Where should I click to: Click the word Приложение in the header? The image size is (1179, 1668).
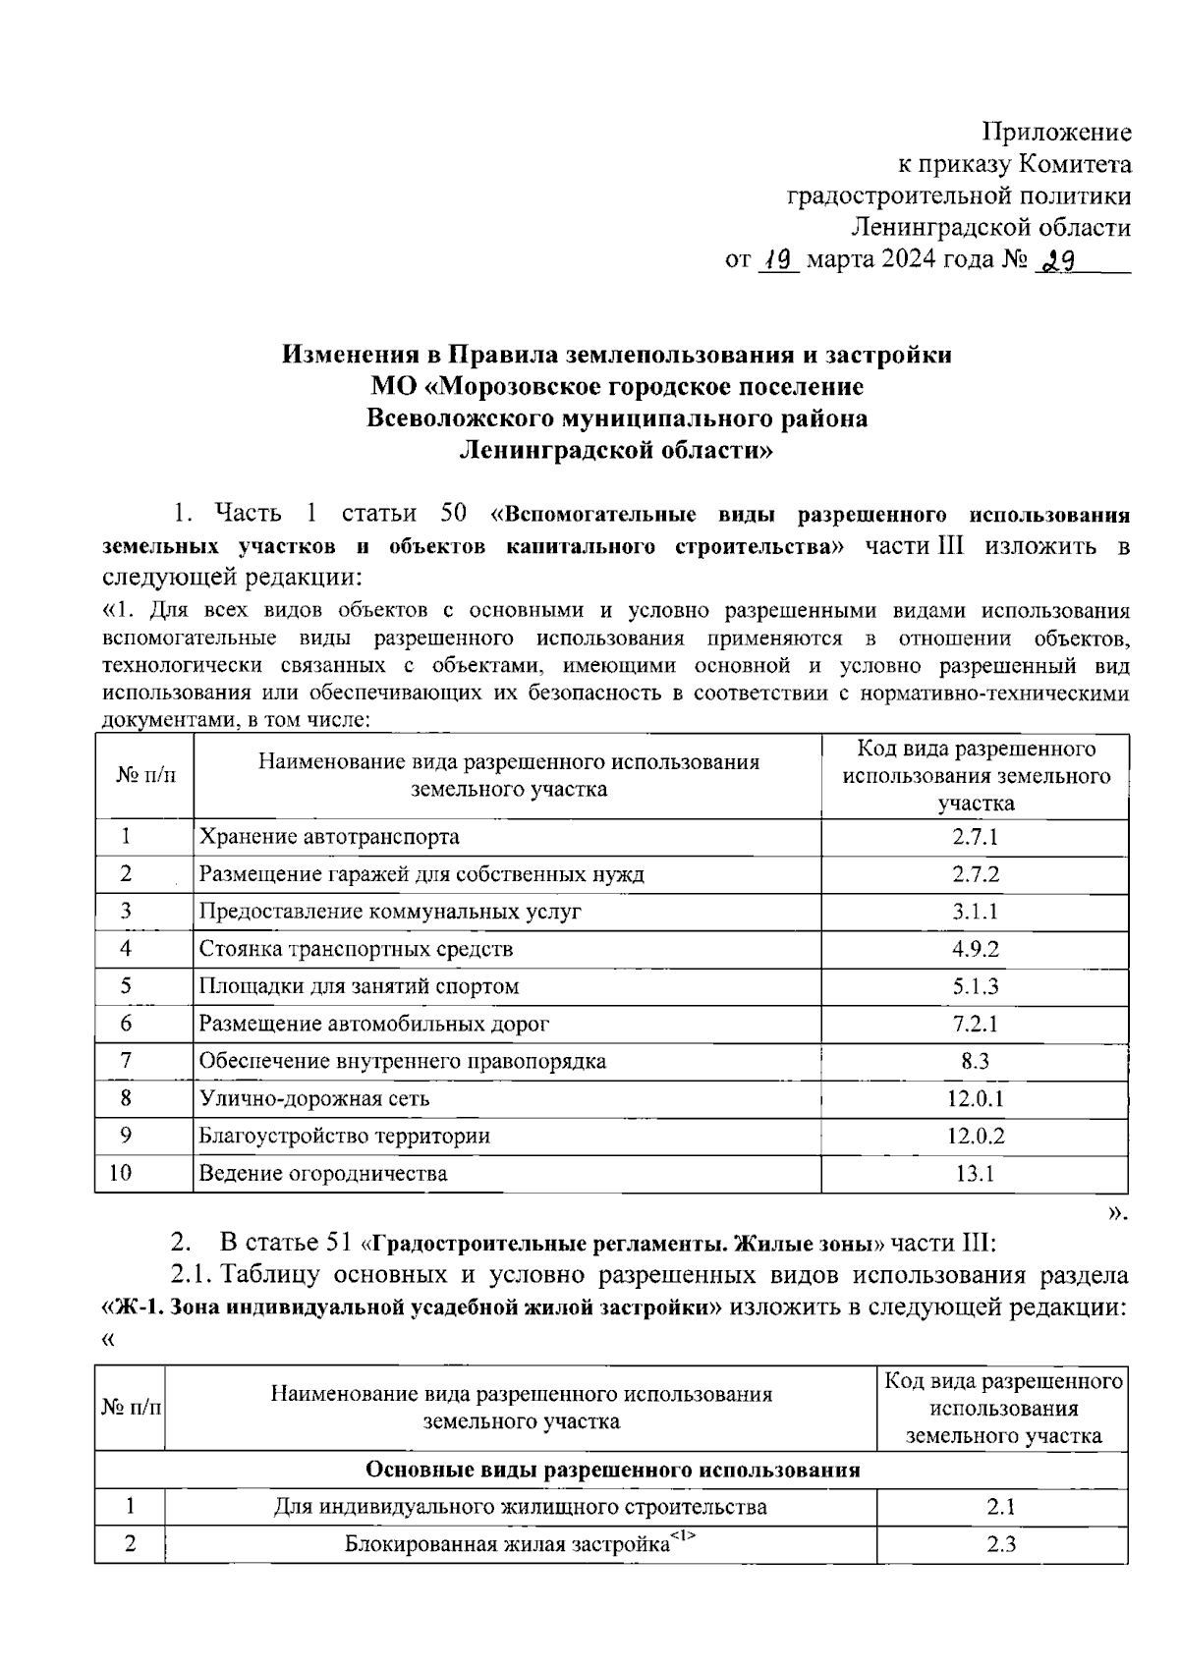tap(1057, 133)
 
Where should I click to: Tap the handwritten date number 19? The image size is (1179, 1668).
tap(780, 259)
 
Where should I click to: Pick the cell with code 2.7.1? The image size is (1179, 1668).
tap(975, 837)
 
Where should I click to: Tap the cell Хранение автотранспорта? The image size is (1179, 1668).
tap(329, 837)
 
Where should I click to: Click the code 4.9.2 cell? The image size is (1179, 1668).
tap(975, 949)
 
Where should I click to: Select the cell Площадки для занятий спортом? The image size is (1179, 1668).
tap(359, 986)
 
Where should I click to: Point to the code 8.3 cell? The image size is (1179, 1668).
tap(975, 1061)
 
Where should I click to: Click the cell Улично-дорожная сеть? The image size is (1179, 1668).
tap(314, 1098)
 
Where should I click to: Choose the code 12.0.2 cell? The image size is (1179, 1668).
tap(975, 1136)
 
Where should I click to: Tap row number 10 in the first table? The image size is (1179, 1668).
tap(122, 1173)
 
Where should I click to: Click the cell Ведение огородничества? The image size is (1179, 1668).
tap(323, 1173)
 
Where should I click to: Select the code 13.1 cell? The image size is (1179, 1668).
tap(975, 1173)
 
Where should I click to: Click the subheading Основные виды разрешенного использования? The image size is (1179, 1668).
tap(612, 1471)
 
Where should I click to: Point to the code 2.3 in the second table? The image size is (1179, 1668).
tap(1001, 1545)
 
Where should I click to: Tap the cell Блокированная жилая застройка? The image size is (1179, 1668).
tap(507, 1543)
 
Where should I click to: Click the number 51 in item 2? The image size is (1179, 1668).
tap(337, 1244)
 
